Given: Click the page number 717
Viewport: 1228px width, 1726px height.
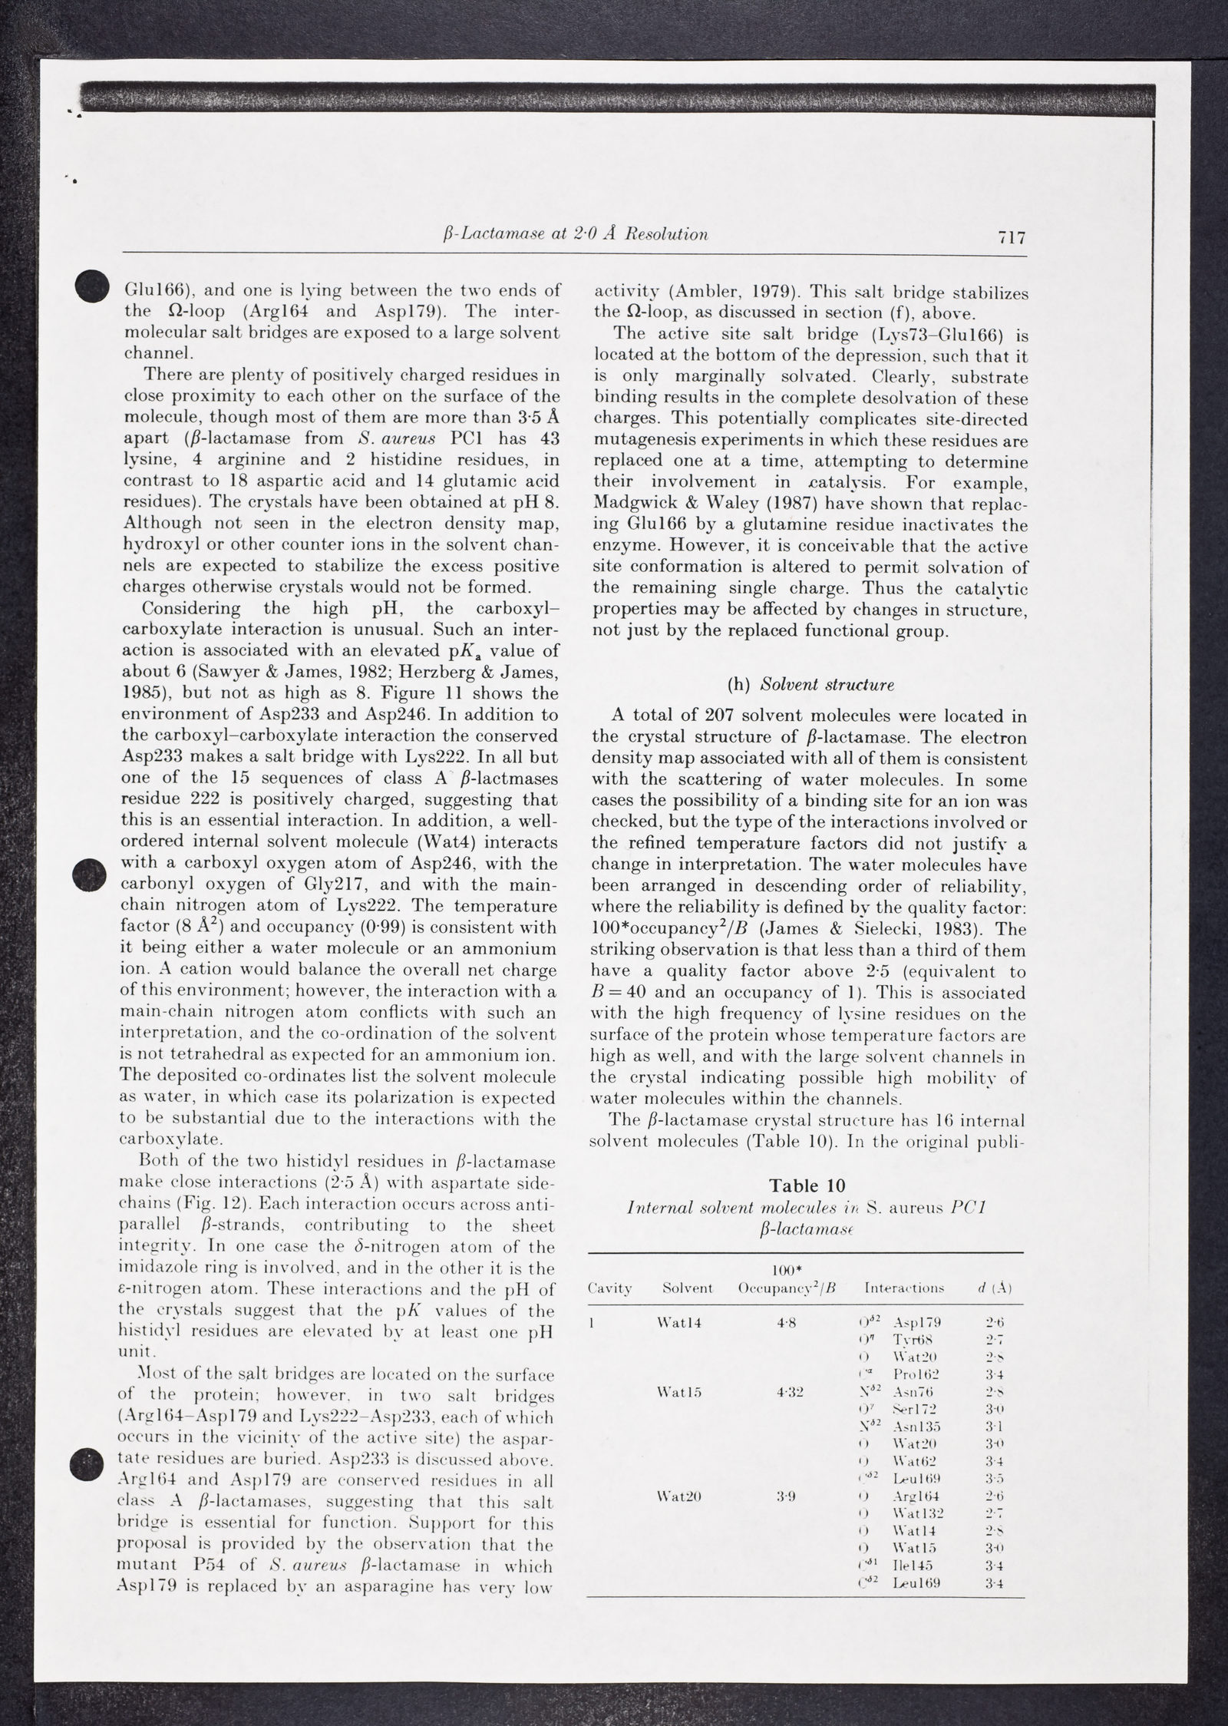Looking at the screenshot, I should (x=1012, y=237).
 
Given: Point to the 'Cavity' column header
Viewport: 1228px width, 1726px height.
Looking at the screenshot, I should (x=610, y=1288).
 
